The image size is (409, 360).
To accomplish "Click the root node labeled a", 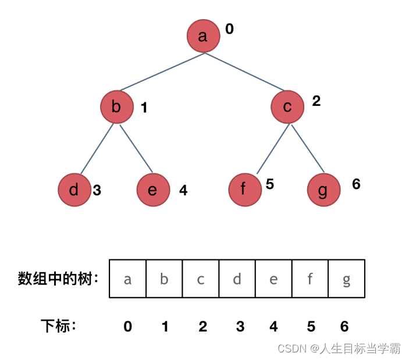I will [x=203, y=36].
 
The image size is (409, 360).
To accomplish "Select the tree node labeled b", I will [x=116, y=107].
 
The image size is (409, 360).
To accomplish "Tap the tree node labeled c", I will [x=287, y=107].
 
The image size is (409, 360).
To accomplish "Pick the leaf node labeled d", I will [x=74, y=190].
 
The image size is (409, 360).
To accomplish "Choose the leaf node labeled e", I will [x=153, y=190].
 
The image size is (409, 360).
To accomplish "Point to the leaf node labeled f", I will [x=245, y=190].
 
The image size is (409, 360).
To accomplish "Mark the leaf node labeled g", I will [x=323, y=190].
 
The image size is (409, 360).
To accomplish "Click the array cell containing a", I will [x=127, y=279].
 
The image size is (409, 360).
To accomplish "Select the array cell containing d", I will [x=237, y=279].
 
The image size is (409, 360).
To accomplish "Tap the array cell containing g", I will [x=347, y=279].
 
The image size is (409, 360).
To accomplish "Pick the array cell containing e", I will [x=273, y=279].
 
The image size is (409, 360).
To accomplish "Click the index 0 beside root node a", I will [x=229, y=29].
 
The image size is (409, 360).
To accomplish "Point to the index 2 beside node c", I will [x=316, y=101].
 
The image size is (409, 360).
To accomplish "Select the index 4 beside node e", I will [x=183, y=190].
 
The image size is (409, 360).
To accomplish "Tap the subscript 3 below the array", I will [x=240, y=326].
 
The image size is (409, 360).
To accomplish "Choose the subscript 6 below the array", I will [x=344, y=326].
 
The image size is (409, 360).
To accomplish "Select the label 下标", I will [x=58, y=326].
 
